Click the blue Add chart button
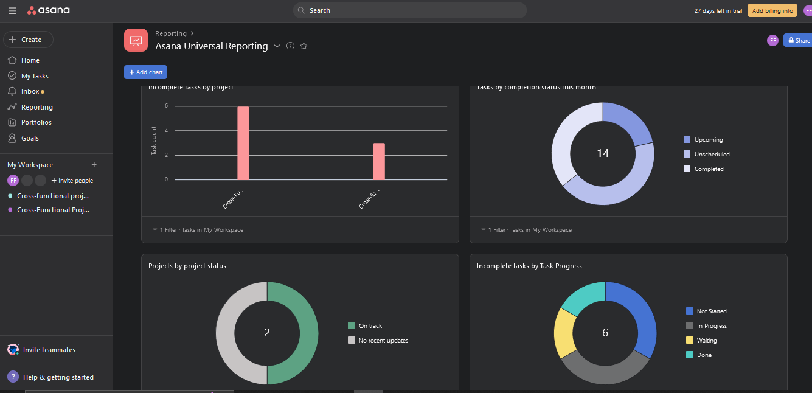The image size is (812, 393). [145, 72]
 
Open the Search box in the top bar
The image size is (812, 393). [409, 10]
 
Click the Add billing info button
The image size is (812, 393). [772, 10]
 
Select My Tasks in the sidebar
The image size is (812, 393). [35, 76]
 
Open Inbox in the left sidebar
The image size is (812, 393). [30, 91]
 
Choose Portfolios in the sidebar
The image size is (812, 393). [36, 122]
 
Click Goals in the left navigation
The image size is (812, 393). [30, 138]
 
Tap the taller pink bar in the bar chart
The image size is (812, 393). [243, 143]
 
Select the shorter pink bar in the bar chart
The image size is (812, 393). [379, 161]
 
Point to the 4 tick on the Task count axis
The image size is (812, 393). [166, 131]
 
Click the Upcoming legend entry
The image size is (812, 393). [708, 139]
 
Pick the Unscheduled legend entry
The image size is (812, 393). [712, 154]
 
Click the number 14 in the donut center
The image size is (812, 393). [603, 153]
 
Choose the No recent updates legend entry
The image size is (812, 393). [383, 340]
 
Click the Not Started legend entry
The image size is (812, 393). [711, 311]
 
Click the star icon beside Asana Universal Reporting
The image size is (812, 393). [304, 46]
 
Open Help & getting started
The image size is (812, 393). [58, 377]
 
